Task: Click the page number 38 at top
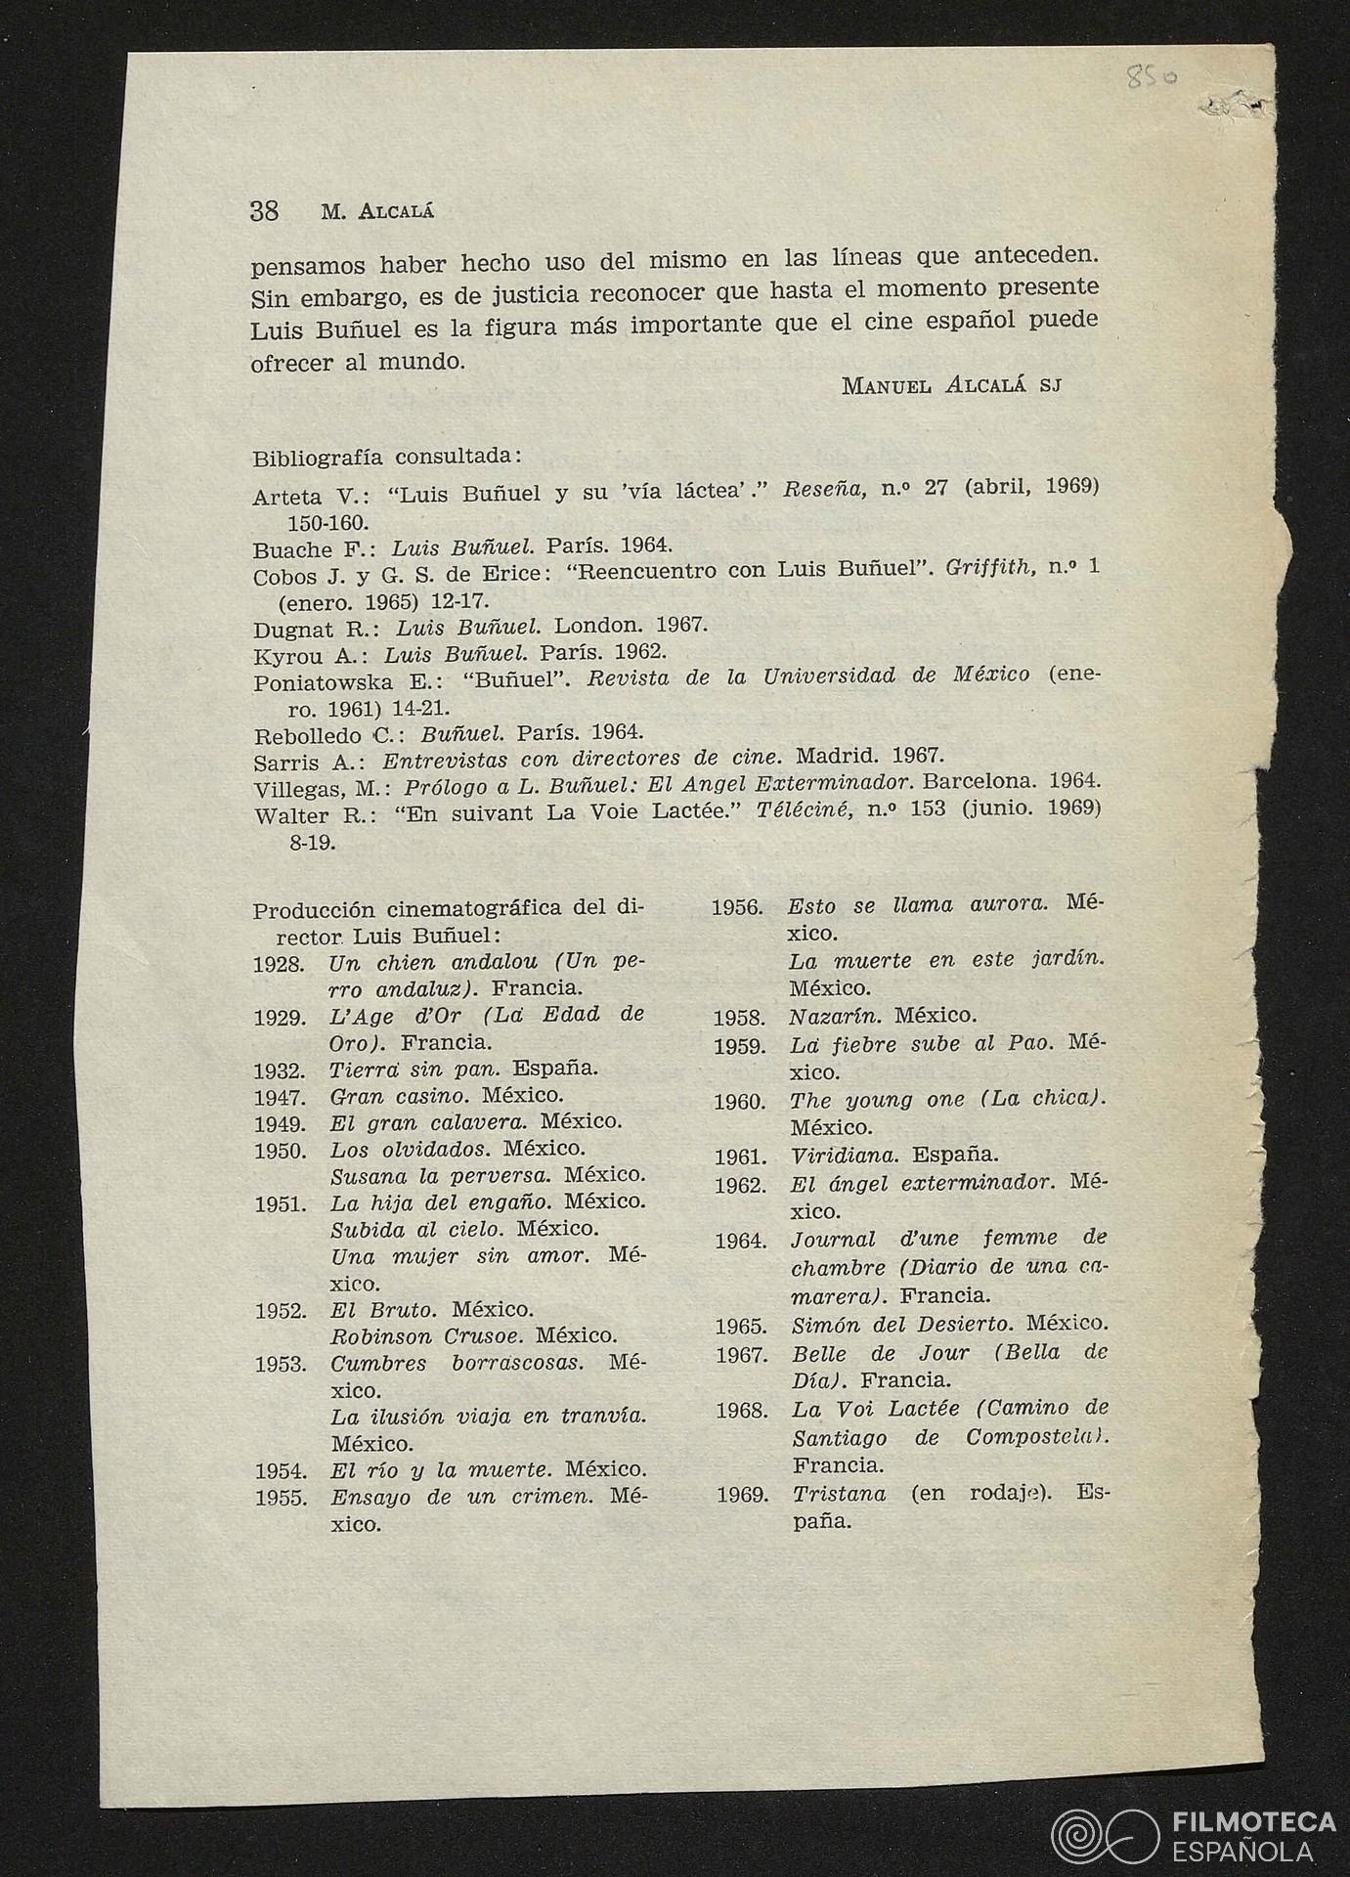[265, 211]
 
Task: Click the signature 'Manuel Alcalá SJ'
[951, 385]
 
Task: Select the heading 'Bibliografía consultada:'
[387, 457]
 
